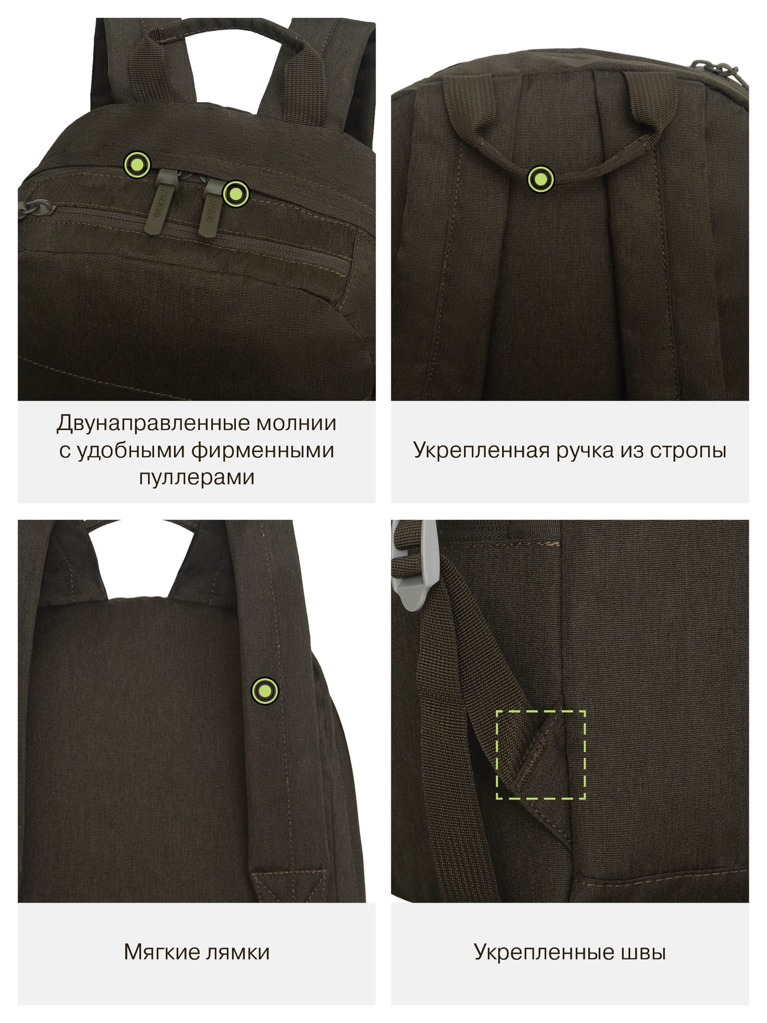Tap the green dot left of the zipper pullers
[x=137, y=164]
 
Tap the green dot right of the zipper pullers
[x=236, y=193]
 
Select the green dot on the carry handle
[x=541, y=178]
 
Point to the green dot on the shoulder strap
[x=264, y=691]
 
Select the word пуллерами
[x=197, y=478]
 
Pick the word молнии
[x=296, y=424]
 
